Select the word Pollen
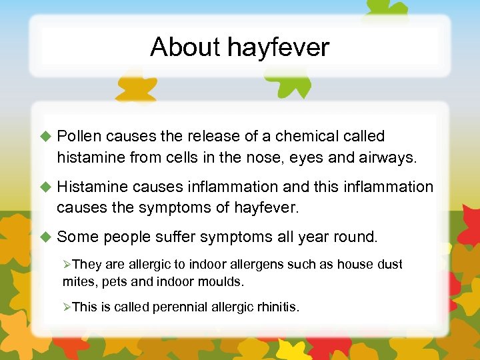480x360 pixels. coord(79,136)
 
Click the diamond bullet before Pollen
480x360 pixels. coord(46,137)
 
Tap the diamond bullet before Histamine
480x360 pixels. coord(46,187)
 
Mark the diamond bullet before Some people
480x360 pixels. coord(46,237)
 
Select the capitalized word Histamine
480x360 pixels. coord(92,187)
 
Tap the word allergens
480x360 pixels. coord(259,265)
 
